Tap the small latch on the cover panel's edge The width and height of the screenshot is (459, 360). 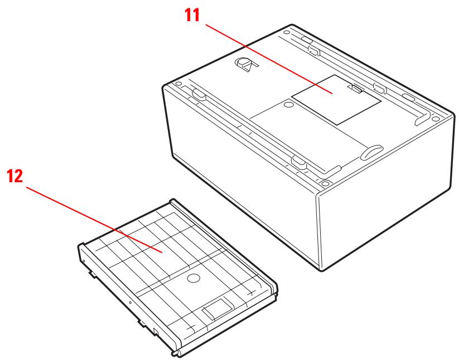tap(356, 87)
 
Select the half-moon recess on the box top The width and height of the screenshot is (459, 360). tap(371, 151)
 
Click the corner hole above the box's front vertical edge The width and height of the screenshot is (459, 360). tap(324, 182)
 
